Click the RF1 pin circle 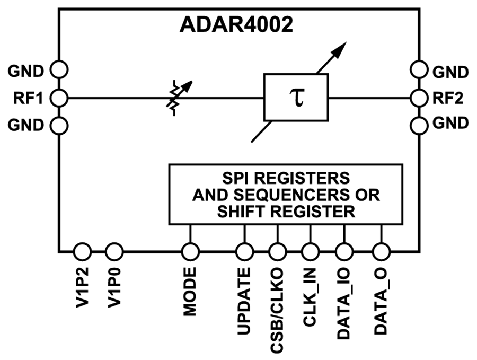(59, 98)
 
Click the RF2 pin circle (419, 98)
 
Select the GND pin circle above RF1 (59, 69)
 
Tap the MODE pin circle (190, 250)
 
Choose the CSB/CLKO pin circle (277, 250)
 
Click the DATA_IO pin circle (344, 250)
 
